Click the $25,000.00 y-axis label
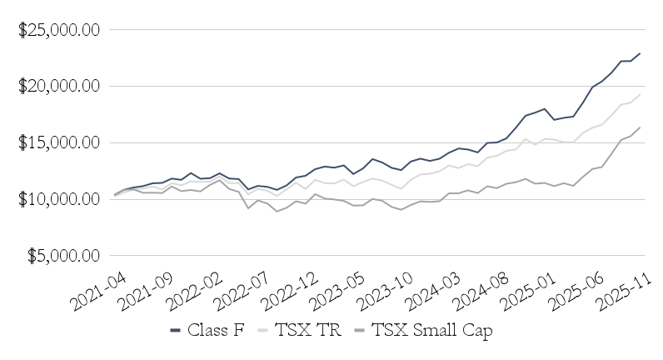59,29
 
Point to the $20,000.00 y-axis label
59,86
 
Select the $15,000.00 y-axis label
59,142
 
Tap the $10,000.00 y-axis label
59,199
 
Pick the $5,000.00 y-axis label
63,256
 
